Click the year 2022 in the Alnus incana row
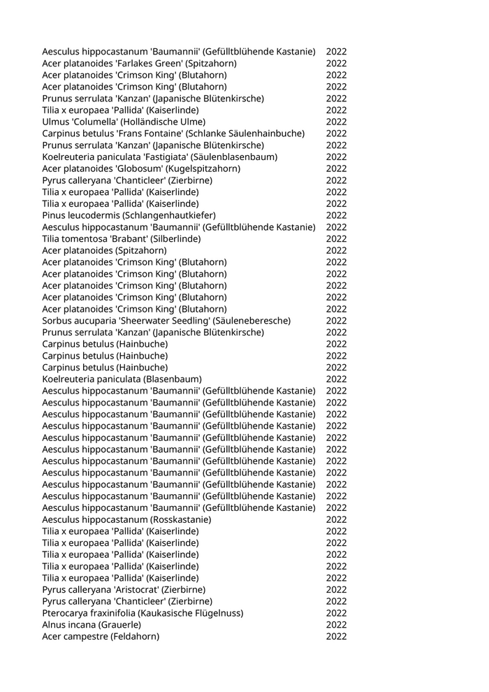coord(336,625)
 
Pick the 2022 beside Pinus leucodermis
coord(336,215)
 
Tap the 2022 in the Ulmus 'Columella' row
coord(336,122)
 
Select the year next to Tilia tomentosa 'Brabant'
coord(336,239)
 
